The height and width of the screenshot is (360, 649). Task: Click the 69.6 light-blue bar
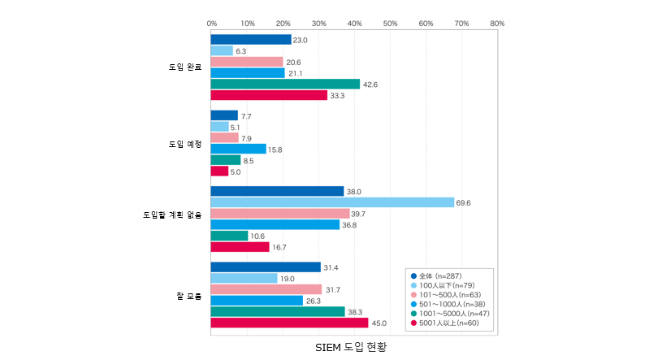[x=332, y=202]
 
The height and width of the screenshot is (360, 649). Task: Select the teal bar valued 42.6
[x=284, y=84]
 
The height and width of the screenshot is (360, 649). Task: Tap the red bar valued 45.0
[x=289, y=323]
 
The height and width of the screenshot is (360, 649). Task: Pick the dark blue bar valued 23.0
[x=250, y=40]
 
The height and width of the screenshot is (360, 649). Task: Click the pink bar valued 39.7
[x=279, y=214]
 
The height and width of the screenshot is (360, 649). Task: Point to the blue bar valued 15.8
[x=238, y=149]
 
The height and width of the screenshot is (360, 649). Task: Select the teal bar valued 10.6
[x=229, y=236]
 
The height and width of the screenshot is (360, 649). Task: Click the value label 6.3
[x=242, y=51]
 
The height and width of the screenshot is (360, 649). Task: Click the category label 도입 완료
[x=184, y=67]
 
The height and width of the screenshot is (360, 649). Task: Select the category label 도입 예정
[x=184, y=143]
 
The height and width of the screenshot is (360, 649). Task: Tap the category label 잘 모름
[x=188, y=295]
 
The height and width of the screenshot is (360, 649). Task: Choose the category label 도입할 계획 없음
[x=171, y=215]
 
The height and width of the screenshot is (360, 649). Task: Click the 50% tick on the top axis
[x=390, y=24]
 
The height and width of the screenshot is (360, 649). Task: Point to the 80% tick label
[x=497, y=24]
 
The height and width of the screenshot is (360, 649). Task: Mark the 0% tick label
[x=211, y=24]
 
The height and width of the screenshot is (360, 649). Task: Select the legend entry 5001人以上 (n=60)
[x=448, y=323]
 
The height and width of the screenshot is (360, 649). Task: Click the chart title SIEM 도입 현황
[x=352, y=346]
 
